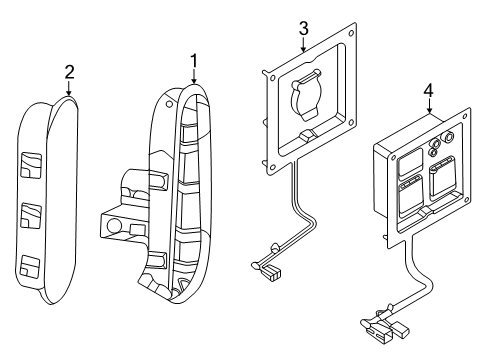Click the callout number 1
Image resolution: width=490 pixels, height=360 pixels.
[x=194, y=62]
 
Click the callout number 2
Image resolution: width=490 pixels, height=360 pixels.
[x=69, y=72]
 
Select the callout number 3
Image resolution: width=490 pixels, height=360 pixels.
[x=303, y=29]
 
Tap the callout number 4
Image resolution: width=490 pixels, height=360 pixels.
[x=428, y=91]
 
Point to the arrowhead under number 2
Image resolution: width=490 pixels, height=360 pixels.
[x=69, y=93]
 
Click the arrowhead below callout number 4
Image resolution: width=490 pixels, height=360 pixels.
[x=429, y=110]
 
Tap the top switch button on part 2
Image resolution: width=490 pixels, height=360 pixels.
[x=31, y=165]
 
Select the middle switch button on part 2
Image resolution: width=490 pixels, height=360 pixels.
[x=31, y=215]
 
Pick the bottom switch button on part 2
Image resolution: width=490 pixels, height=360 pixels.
[x=30, y=266]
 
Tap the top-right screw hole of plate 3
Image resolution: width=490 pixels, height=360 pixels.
[x=351, y=33]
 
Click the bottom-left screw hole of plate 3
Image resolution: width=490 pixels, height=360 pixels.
[x=272, y=167]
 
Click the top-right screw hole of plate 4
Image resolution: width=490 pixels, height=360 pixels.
[x=465, y=116]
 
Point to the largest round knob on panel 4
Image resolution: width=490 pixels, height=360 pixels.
[x=446, y=137]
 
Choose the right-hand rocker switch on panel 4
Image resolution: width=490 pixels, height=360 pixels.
[x=442, y=177]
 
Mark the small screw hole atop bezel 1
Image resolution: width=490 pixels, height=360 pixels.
[x=169, y=104]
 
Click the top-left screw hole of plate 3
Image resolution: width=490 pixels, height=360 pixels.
[x=273, y=78]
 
